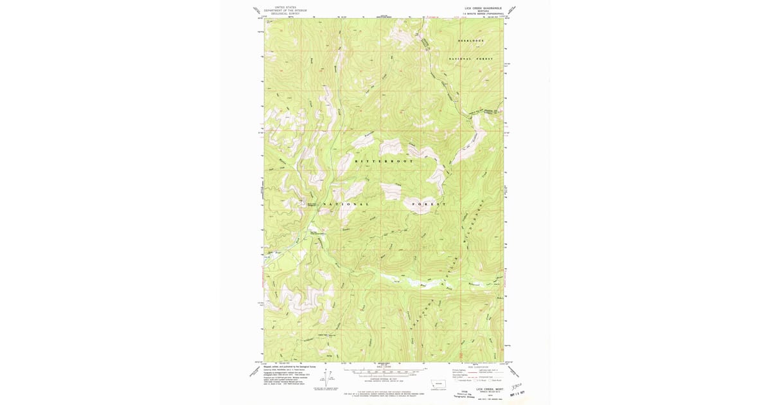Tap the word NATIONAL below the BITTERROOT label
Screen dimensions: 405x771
point(346,204)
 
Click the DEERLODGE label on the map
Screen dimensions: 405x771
point(470,40)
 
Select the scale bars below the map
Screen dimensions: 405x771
point(384,372)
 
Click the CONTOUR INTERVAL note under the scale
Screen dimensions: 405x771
point(384,379)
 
